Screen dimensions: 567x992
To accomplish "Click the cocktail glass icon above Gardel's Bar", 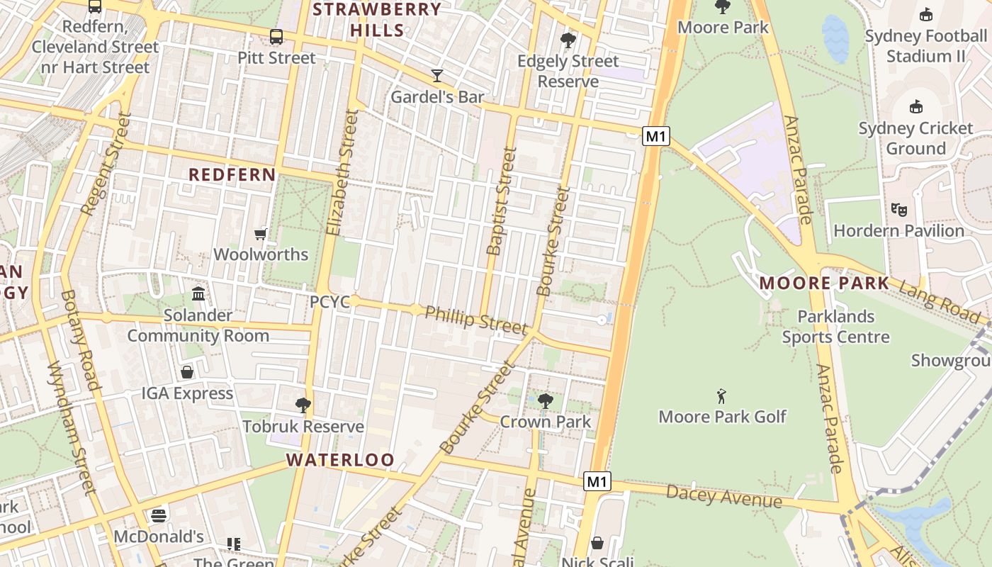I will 437,75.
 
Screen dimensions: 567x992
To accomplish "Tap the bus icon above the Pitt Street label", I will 276,36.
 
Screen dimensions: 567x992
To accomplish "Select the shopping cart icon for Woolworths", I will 261,234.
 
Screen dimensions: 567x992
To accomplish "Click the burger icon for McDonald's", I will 159,515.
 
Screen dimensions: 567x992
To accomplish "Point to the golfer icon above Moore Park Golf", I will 721,395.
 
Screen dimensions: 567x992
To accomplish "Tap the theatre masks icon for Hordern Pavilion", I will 899,209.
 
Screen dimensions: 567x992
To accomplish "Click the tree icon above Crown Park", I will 545,401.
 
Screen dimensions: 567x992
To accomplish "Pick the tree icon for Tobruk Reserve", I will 303,405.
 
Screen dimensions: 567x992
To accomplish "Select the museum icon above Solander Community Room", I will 198,293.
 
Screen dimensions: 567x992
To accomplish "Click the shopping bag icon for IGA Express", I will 187,372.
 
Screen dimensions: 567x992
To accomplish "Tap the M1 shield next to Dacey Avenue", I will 597,482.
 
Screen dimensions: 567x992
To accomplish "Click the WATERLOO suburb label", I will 340,460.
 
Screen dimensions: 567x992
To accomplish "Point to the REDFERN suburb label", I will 232,175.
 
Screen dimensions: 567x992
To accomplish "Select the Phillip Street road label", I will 476,320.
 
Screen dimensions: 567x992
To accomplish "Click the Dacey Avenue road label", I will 723,496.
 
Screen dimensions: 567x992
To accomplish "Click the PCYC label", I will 329,302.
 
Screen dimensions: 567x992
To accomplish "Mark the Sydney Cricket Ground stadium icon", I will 916,106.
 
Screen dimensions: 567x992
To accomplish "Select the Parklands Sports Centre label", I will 835,327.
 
